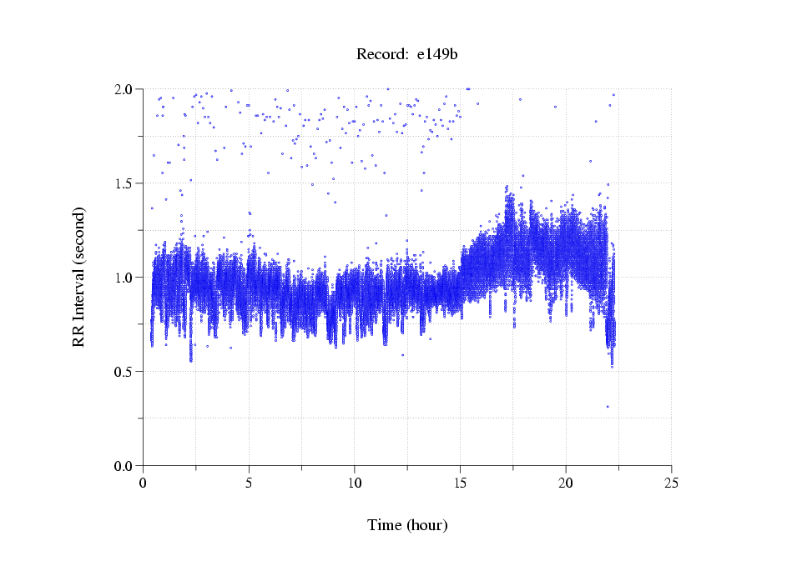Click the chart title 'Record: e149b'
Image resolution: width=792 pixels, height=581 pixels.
pos(407,55)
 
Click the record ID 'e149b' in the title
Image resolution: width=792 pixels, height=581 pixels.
pos(437,55)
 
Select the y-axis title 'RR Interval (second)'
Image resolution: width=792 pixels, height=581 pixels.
pos(78,277)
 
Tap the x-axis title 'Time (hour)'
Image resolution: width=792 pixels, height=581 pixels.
pos(407,525)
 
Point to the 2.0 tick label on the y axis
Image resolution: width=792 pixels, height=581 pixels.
pos(124,89)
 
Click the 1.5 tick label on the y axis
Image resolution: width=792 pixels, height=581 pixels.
pos(124,183)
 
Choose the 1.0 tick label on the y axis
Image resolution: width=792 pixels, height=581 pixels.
pos(124,278)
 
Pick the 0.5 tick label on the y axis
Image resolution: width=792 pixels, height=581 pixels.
pos(124,372)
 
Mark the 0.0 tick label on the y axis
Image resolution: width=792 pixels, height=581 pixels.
pos(124,466)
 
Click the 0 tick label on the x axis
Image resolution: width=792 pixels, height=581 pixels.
pos(143,483)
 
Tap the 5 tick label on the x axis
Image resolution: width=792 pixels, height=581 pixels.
pos(249,483)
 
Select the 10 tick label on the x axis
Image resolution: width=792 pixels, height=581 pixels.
pos(355,483)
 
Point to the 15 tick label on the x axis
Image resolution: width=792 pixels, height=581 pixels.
pos(460,483)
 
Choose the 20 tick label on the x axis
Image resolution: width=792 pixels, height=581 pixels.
pos(566,483)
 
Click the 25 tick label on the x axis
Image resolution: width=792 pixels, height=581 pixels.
pos(672,483)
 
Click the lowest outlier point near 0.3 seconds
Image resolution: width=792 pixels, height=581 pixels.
pos(608,407)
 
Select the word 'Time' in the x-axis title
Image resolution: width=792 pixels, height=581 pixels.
pos(385,525)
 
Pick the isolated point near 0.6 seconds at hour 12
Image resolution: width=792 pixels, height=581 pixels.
pos(402,355)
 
